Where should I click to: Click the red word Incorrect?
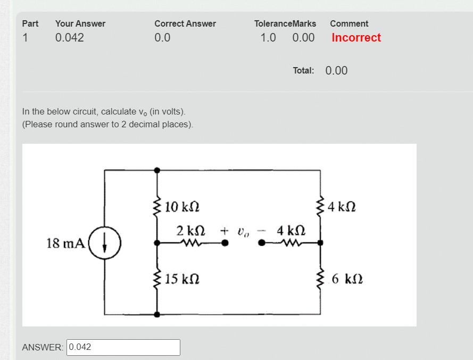click(x=356, y=38)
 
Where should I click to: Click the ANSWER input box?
click(x=123, y=347)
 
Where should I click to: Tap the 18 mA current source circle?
click(x=105, y=243)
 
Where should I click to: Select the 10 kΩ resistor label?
click(x=182, y=207)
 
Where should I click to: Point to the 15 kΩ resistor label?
click(x=182, y=279)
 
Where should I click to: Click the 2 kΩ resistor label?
click(x=190, y=231)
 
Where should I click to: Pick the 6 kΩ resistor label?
click(x=347, y=279)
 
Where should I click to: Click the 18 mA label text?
click(x=65, y=243)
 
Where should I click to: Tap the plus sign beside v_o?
click(x=225, y=231)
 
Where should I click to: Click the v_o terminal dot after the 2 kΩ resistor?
click(x=225, y=243)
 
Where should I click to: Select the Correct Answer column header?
click(x=185, y=24)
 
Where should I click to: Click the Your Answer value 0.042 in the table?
click(x=70, y=38)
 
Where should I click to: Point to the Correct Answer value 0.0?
click(x=162, y=38)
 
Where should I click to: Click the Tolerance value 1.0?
click(x=268, y=38)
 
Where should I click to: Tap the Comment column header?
click(x=349, y=24)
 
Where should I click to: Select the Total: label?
click(x=303, y=71)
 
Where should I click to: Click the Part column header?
click(x=30, y=24)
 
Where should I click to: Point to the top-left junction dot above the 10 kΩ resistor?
click(x=157, y=170)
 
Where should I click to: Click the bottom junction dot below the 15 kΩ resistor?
click(x=157, y=314)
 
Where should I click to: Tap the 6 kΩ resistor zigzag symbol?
click(x=320, y=278)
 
